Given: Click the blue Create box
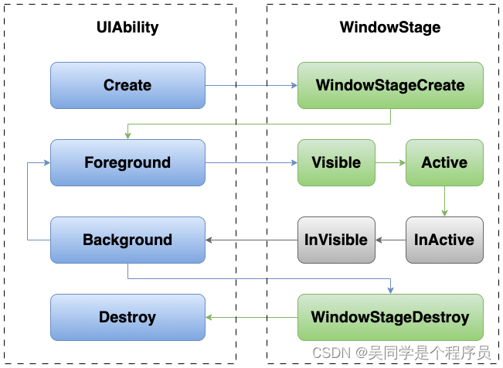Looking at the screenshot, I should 127,85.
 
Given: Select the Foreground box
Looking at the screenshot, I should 127,162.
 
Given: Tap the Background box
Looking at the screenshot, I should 127,240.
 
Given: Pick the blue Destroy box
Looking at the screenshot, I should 127,317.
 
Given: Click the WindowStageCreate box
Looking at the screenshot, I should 390,85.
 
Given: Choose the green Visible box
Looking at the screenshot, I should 336,162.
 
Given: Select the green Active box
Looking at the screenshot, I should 444,162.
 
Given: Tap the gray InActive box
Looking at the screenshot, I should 444,240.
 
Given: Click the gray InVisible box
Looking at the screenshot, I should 336,240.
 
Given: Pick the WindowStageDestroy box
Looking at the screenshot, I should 390,317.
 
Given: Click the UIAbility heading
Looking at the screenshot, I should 127,27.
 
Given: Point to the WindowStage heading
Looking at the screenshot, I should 390,27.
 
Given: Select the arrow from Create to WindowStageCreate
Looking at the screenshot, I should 251,85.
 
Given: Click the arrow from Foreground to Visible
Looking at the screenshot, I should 251,162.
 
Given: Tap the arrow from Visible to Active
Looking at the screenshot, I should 390,162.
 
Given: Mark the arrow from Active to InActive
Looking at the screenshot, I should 444,201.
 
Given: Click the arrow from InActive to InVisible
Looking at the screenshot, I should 390,240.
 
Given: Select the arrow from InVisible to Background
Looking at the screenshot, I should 251,240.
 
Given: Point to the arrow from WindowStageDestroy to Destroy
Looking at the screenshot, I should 251,317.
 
